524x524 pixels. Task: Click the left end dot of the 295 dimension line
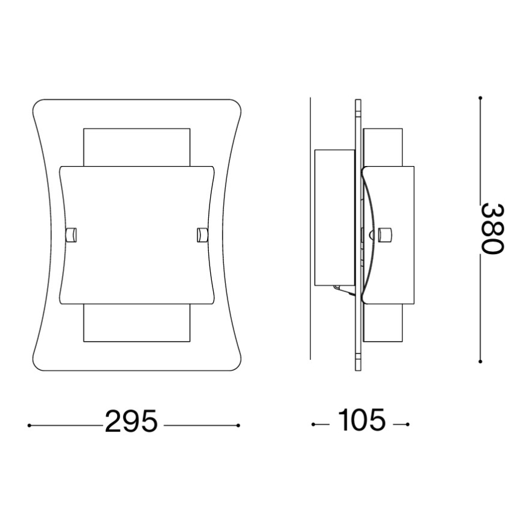coord(30,426)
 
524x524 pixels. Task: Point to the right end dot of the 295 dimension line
coord(239,426)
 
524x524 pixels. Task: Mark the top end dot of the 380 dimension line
coord(480,97)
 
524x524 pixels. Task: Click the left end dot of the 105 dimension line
coord(313,425)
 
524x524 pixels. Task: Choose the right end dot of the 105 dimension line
coord(408,425)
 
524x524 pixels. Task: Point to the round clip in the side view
coord(385,234)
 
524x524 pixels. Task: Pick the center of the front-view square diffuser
coord(136,234)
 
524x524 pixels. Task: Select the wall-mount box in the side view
coord(334,217)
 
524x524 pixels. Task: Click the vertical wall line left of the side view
coord(310,229)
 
